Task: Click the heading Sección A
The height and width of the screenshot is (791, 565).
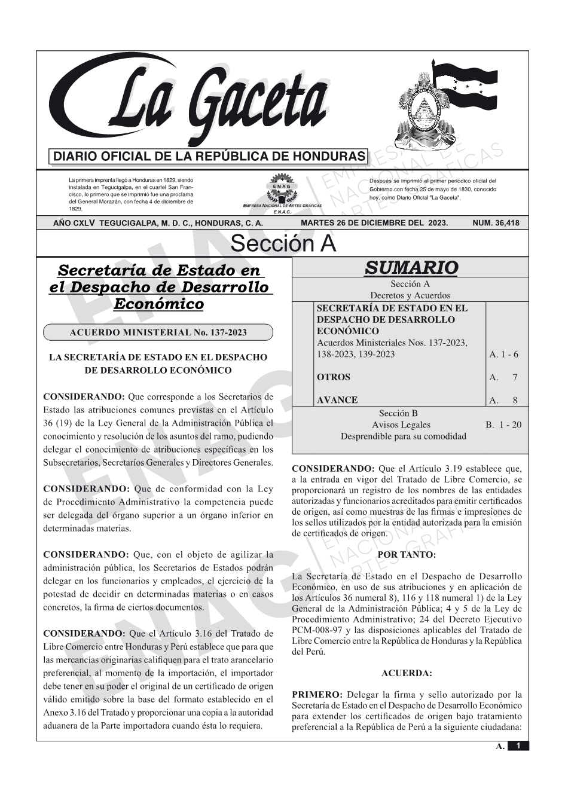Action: tap(283, 244)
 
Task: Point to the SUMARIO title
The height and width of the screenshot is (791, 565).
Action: tap(411, 267)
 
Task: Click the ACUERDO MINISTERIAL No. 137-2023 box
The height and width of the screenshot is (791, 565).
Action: tap(158, 332)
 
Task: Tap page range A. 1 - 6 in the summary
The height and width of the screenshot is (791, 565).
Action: tap(503, 355)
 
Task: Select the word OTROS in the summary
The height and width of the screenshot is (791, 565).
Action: tap(333, 377)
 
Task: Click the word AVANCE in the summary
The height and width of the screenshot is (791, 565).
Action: tap(337, 400)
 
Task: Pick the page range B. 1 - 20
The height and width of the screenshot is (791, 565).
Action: tap(503, 425)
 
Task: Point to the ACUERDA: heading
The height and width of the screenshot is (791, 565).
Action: tap(407, 673)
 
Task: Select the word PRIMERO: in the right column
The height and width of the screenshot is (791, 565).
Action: tap(317, 695)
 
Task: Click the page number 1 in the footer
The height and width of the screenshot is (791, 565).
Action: tap(518, 746)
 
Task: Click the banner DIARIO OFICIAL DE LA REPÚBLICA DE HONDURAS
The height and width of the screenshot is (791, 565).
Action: tap(209, 157)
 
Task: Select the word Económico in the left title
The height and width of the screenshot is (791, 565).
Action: tap(158, 304)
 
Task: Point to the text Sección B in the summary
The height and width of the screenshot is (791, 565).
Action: tap(398, 413)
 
